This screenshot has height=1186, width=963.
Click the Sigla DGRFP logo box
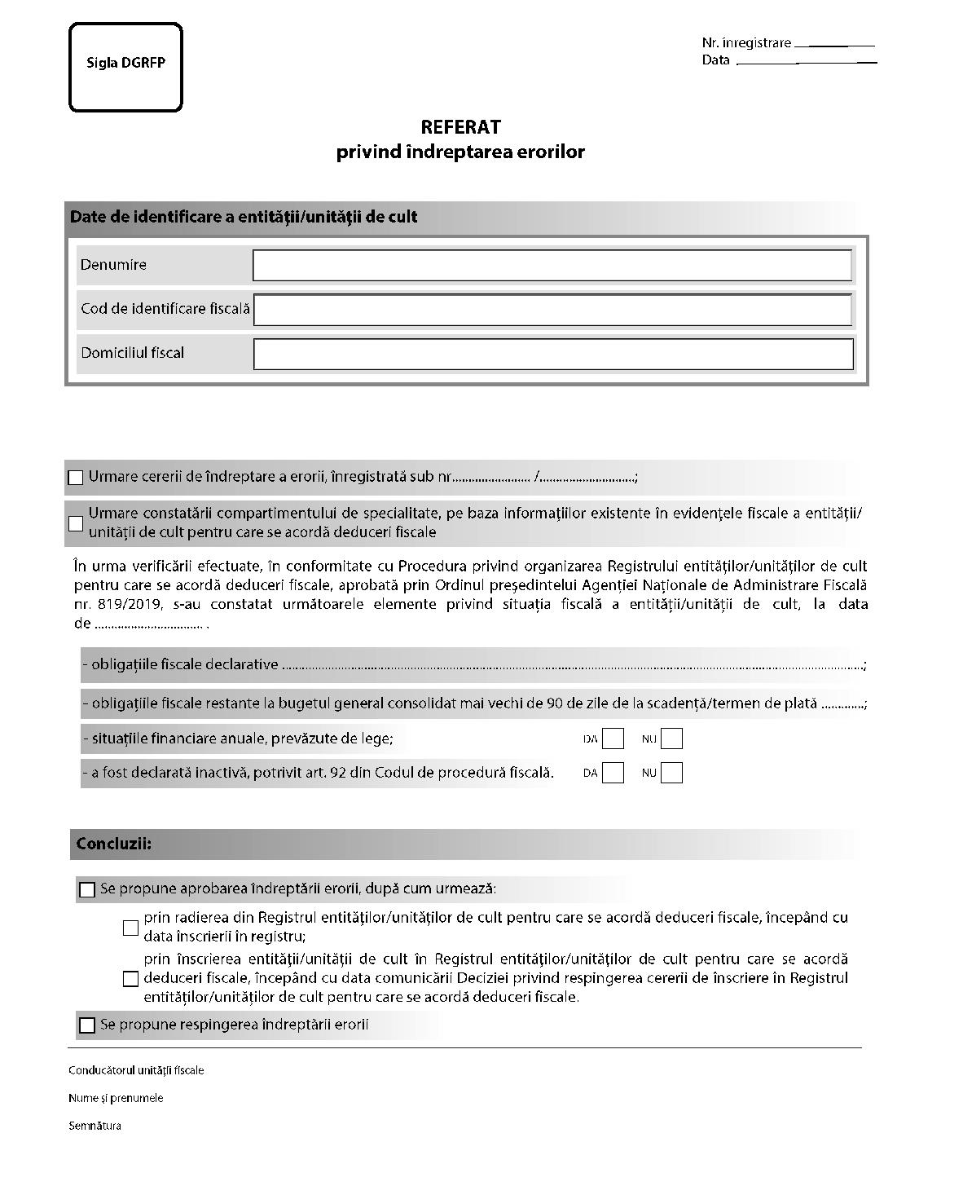click(x=125, y=67)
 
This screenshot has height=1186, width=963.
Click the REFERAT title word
click(x=460, y=127)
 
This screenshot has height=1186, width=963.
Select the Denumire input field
click(x=552, y=266)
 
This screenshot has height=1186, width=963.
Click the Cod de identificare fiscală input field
click(x=552, y=310)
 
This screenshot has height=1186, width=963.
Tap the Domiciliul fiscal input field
click(x=552, y=354)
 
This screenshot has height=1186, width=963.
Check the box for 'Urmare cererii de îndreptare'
click(x=76, y=478)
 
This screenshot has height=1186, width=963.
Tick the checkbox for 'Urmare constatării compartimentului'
click(x=76, y=523)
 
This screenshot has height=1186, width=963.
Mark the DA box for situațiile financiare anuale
click(x=613, y=739)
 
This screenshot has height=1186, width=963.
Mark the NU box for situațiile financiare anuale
click(x=671, y=739)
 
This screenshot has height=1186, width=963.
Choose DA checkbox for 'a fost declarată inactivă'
click(x=613, y=773)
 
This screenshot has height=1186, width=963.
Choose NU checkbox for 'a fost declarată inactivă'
click(x=671, y=773)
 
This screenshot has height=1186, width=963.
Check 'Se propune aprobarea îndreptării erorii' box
click(x=87, y=889)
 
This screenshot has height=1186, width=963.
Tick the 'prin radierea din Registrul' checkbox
click(x=130, y=928)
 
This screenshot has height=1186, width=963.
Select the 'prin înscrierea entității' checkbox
click(x=130, y=978)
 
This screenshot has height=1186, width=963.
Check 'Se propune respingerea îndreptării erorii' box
click(x=87, y=1025)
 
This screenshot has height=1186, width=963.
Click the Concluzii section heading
click(x=113, y=844)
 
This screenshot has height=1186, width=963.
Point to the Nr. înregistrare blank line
click(x=833, y=44)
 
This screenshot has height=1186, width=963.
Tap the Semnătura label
click(x=95, y=1126)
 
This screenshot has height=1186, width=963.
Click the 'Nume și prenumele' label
click(x=116, y=1098)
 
